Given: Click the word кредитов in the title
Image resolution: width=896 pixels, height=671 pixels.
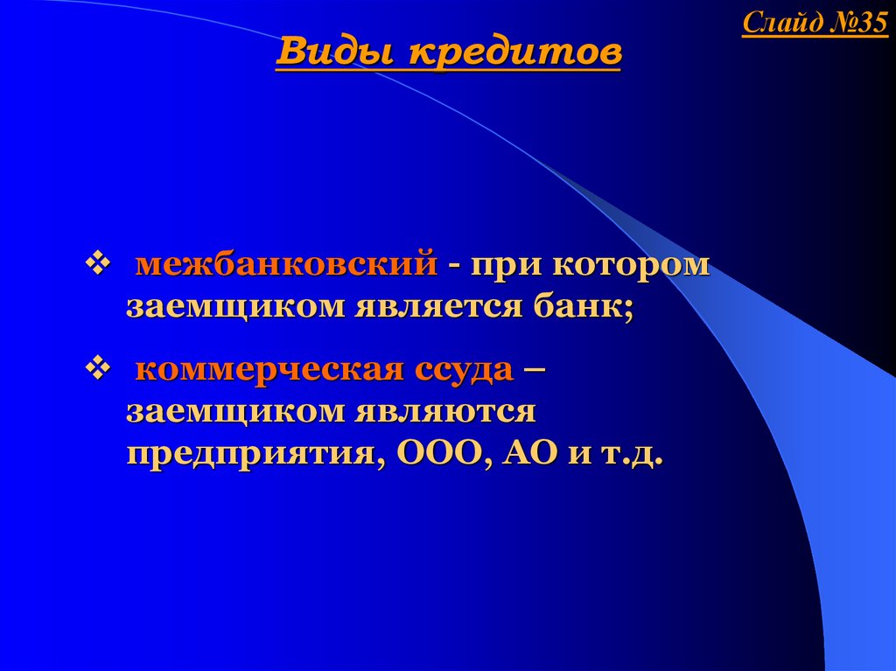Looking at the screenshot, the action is [515, 52].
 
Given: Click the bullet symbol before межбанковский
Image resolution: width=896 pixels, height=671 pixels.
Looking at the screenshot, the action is [97, 264].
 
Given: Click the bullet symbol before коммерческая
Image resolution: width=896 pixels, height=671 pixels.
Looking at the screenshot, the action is [97, 368].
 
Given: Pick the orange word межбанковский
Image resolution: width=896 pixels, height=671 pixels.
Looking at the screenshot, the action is [286, 264].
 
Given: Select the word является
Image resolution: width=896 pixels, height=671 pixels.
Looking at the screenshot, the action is [439, 307].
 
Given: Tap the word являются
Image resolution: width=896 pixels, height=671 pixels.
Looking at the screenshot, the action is [445, 412].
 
